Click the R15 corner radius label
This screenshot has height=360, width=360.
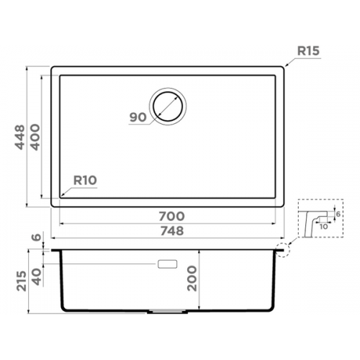click(308, 51)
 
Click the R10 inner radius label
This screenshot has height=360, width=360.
click(85, 180)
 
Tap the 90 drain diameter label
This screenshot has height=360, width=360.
click(138, 117)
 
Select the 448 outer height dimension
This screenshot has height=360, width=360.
click(19, 137)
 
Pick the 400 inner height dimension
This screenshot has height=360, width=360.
click(35, 137)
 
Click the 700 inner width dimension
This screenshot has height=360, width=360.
click(172, 216)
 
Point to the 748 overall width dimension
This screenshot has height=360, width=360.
click(172, 231)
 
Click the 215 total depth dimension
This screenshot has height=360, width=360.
click(21, 281)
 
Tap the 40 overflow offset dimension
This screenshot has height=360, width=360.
click(37, 276)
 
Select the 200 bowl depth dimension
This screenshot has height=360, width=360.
click(192, 279)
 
